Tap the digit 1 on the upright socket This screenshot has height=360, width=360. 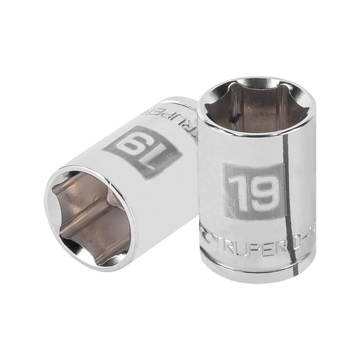[233, 188]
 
